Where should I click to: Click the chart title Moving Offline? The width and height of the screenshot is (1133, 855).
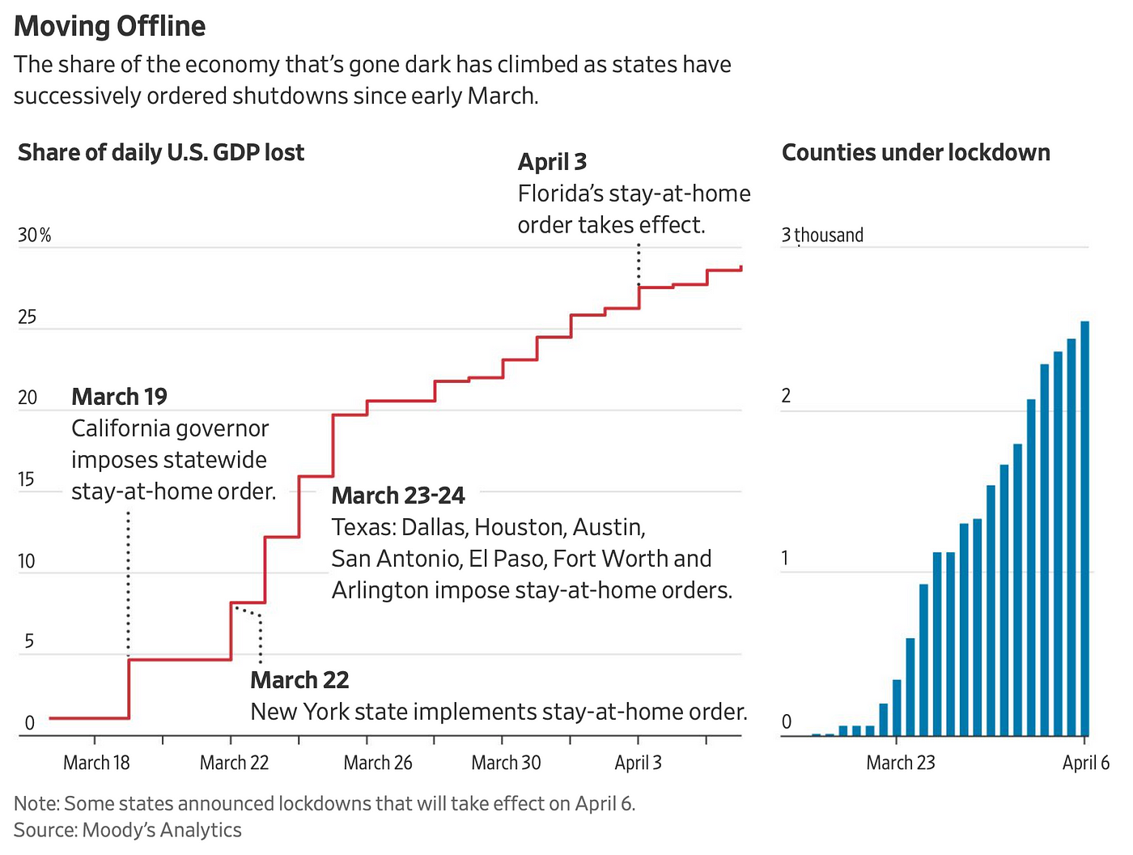coord(110,26)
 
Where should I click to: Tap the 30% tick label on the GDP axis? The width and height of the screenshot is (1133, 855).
coord(34,236)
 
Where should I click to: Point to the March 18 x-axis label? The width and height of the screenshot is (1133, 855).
coord(96,763)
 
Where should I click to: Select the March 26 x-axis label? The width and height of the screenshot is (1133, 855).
coord(378,763)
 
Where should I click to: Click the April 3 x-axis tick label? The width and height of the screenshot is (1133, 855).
coord(638,763)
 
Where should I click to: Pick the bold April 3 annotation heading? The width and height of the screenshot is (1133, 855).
coord(552,162)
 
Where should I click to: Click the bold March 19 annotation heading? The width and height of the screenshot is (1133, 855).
coord(119,397)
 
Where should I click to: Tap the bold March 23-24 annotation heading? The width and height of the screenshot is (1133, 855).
coord(398,496)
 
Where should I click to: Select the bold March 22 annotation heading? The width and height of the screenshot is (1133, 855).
coord(299,680)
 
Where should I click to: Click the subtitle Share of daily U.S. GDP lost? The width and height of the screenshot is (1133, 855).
coord(161,152)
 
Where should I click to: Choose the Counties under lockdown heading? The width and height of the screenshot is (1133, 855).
coord(915,152)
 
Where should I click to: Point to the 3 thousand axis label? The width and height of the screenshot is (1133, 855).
coord(822,236)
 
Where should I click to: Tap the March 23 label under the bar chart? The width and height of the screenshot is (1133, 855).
coord(900,763)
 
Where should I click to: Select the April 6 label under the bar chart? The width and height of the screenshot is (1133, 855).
coord(1086,763)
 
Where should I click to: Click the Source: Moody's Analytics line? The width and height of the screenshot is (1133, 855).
coord(128,830)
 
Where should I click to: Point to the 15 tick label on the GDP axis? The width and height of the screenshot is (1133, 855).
coord(27,479)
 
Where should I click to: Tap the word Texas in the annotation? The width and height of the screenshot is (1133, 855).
coord(362,527)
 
